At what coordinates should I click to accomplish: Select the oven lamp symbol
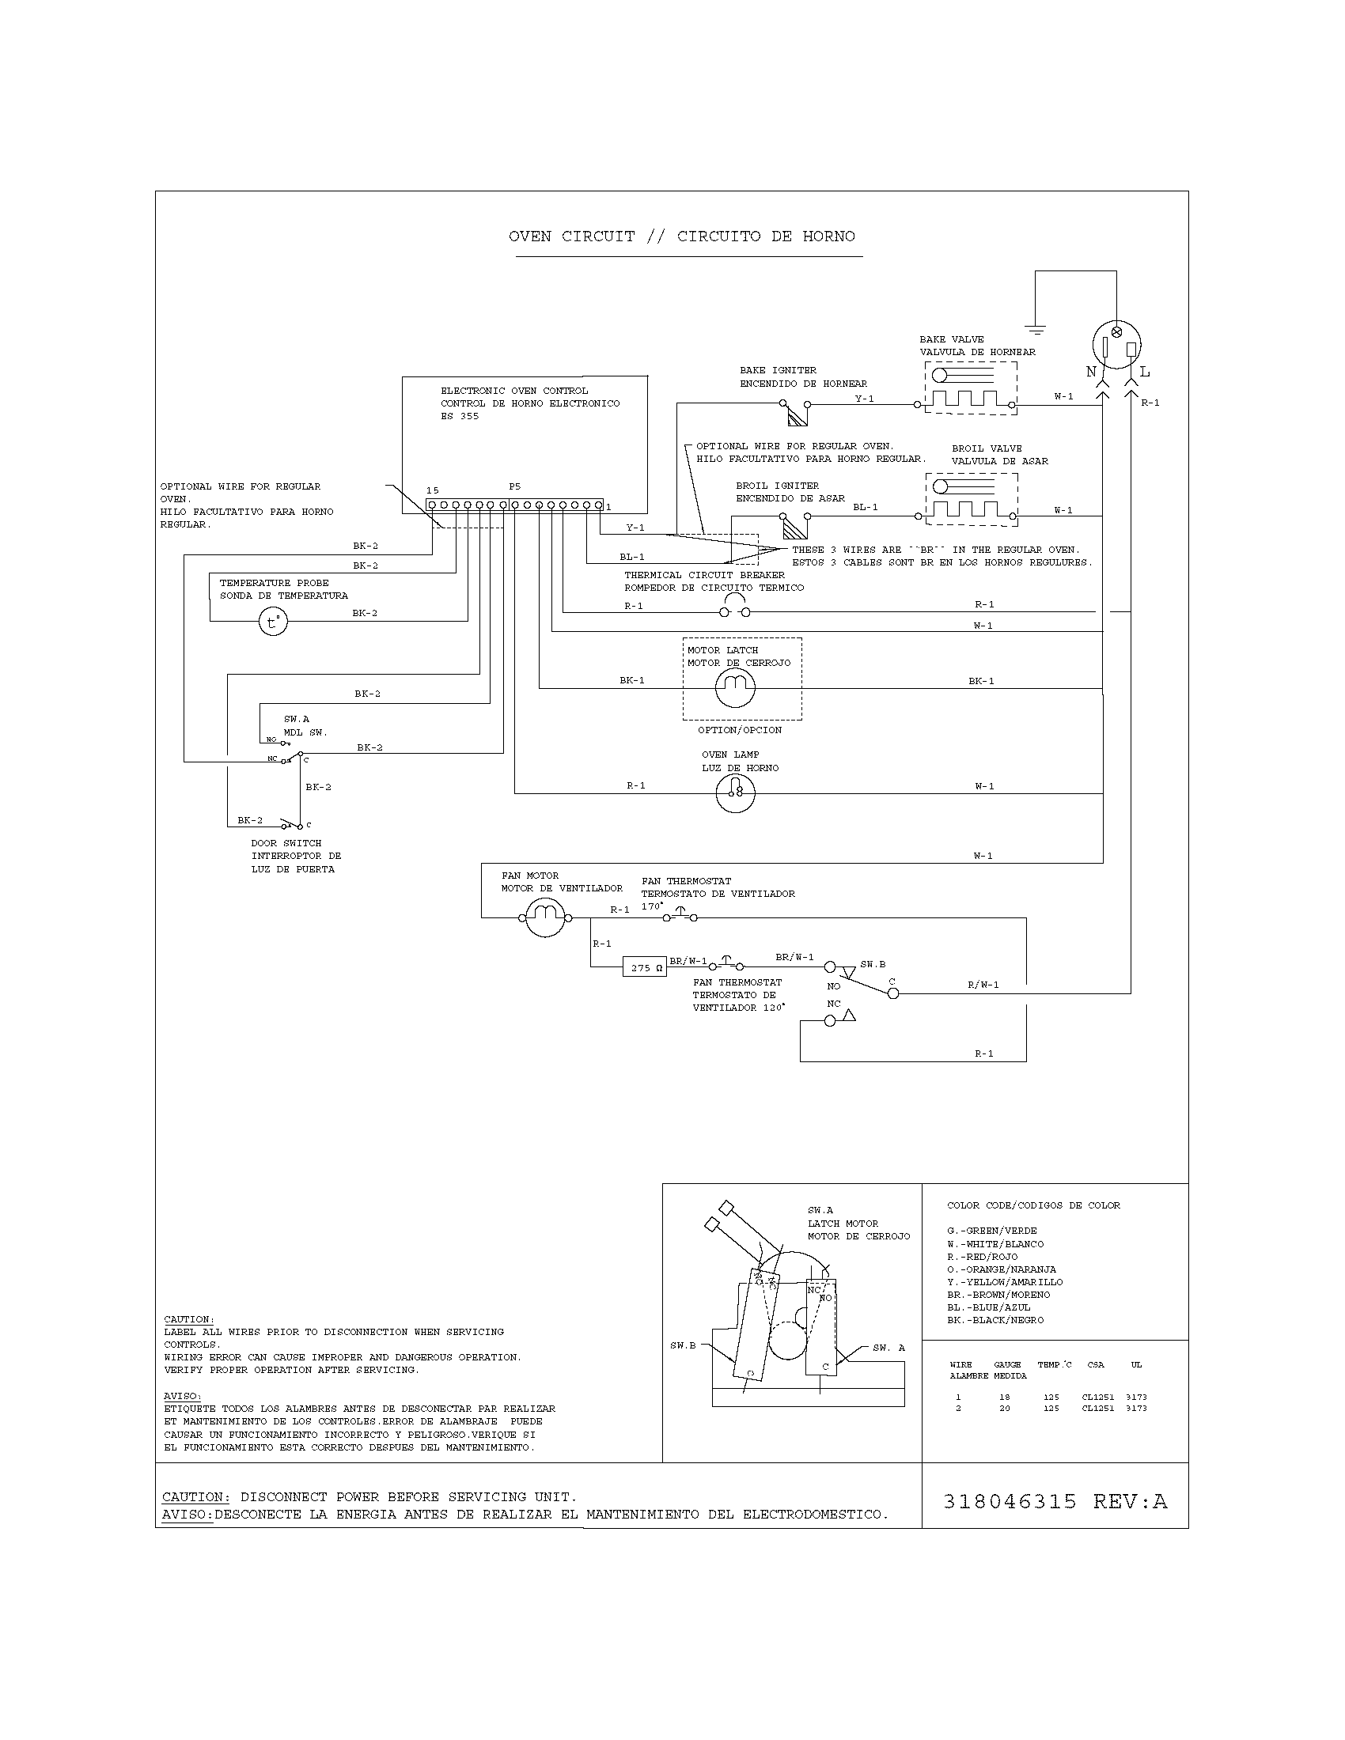click(735, 792)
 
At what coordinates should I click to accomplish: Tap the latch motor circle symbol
click(735, 687)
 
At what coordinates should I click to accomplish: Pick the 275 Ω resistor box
click(645, 967)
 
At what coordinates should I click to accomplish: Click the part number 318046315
click(1010, 1501)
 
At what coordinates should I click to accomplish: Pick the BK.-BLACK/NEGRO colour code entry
click(995, 1319)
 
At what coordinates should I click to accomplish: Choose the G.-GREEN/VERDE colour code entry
click(992, 1230)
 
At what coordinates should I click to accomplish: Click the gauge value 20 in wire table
click(1004, 1408)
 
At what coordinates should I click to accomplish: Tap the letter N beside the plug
click(1091, 372)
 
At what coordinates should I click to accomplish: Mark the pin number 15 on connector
click(432, 490)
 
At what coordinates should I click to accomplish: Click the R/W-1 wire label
click(983, 985)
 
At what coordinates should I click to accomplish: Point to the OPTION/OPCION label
click(740, 730)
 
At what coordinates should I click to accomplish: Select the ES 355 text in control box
click(460, 416)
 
